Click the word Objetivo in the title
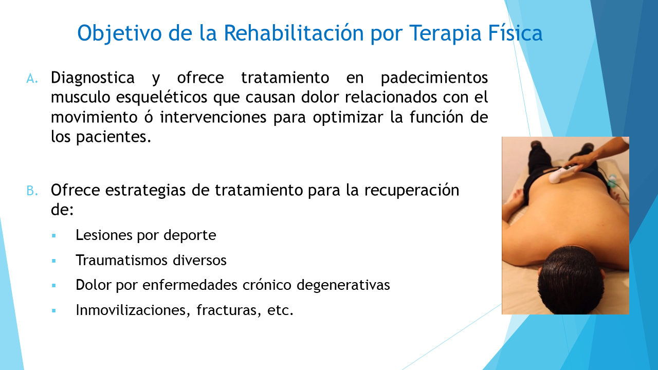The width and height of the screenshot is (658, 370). pyautogui.click(x=119, y=33)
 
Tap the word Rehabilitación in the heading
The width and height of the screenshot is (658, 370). pyautogui.click(x=294, y=32)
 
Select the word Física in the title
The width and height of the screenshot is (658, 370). pyautogui.click(x=515, y=32)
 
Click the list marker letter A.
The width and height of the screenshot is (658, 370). pyautogui.click(x=32, y=79)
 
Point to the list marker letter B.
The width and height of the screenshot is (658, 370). pyautogui.click(x=32, y=191)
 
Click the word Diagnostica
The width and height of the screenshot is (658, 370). pyautogui.click(x=93, y=78)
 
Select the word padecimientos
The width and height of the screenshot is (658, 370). pyautogui.click(x=434, y=78)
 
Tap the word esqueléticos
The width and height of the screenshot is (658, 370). pyautogui.click(x=161, y=98)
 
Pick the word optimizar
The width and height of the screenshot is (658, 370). pyautogui.click(x=348, y=118)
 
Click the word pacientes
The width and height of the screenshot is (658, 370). pyautogui.click(x=114, y=137)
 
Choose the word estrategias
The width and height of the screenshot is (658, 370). pyautogui.click(x=145, y=190)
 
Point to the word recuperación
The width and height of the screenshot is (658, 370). pyautogui.click(x=412, y=190)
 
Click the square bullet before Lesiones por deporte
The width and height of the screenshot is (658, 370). pyautogui.click(x=53, y=235)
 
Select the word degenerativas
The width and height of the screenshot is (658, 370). pyautogui.click(x=343, y=285)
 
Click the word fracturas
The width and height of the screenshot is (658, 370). pyautogui.click(x=229, y=310)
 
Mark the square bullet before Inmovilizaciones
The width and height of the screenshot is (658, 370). pyautogui.click(x=53, y=311)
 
